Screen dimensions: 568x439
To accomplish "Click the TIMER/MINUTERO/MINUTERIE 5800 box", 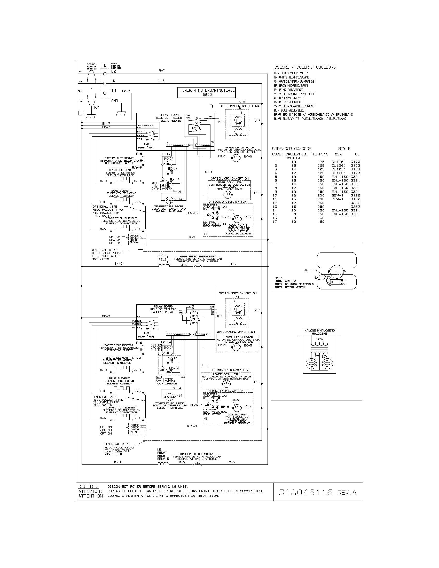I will point(207,93).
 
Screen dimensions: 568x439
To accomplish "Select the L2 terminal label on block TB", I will point(114,71).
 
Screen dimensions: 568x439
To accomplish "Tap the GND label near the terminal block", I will point(114,101).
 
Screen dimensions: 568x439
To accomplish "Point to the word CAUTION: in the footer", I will point(89,487).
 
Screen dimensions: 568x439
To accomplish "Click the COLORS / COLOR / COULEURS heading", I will point(305,67).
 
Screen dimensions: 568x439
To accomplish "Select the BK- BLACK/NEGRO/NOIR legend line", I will point(291,73).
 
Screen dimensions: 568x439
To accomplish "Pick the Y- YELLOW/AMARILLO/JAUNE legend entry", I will point(294,106).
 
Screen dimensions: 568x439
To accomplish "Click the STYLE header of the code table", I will point(344,149).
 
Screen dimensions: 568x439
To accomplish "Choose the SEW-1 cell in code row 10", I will point(337,195).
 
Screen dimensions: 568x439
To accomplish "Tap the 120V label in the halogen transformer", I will point(320,340).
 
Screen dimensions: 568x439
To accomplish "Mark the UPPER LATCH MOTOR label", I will point(240,147).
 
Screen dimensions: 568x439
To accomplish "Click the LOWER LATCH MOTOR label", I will point(238,337).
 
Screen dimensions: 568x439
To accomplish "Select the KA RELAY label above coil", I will point(162,258).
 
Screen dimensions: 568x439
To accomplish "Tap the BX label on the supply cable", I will point(97,107).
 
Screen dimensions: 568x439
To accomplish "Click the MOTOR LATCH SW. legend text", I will point(286,281).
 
